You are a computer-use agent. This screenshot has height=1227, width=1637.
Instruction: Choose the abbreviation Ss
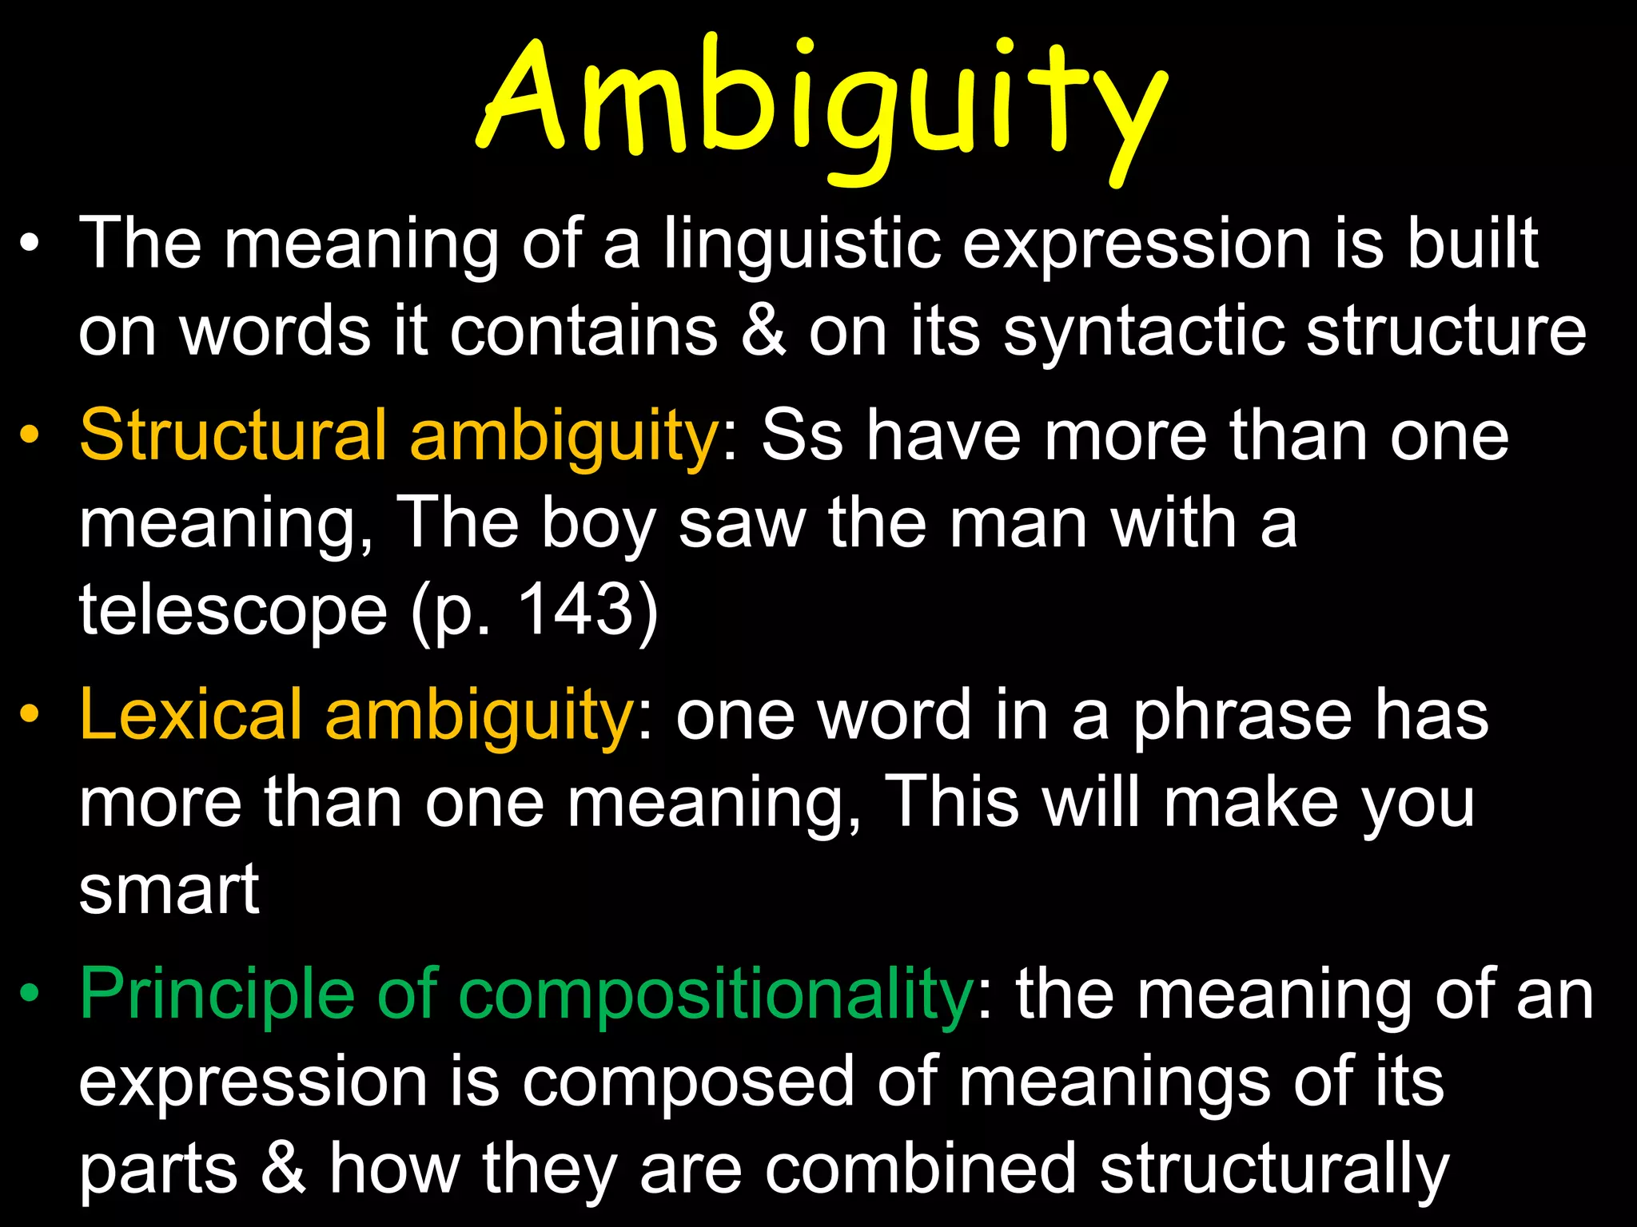point(802,436)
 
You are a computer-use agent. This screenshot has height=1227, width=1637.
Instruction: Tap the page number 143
point(576,609)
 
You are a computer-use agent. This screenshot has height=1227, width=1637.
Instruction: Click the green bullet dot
point(30,993)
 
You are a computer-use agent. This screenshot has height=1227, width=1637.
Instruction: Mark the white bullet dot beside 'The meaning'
point(30,242)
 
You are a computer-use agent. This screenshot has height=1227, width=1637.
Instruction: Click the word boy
point(599,524)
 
